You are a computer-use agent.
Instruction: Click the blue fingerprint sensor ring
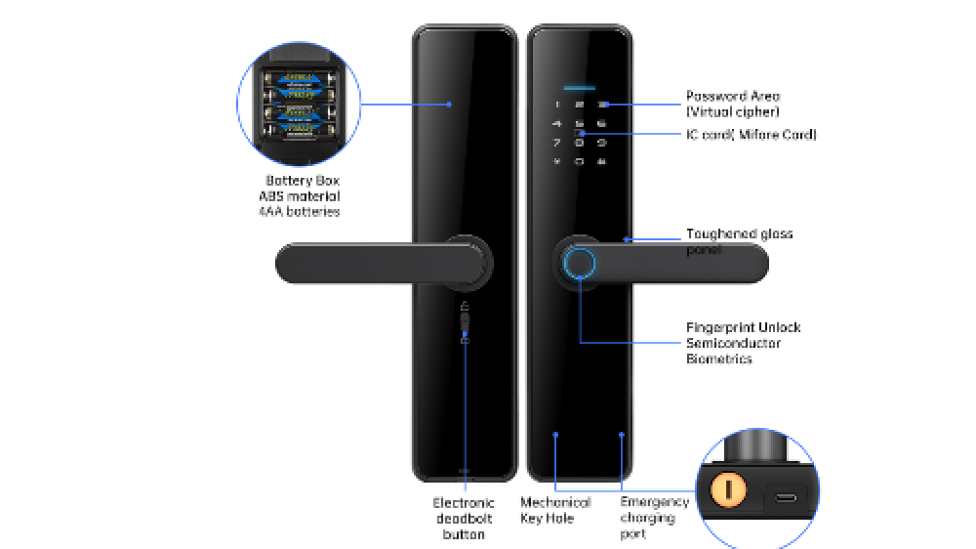coord(580,263)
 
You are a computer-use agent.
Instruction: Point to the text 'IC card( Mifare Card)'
coord(752,134)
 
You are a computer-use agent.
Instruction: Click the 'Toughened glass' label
coord(739,234)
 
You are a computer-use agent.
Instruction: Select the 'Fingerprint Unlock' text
coord(743,327)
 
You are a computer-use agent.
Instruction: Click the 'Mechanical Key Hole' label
coord(554,510)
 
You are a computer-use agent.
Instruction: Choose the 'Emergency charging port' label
coord(654,518)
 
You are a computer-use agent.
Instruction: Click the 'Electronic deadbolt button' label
coord(464,519)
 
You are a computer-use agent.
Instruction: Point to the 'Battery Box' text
coord(303,181)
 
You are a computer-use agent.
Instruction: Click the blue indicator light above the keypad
coord(580,82)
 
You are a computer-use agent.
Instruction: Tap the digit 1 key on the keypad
coord(557,105)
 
